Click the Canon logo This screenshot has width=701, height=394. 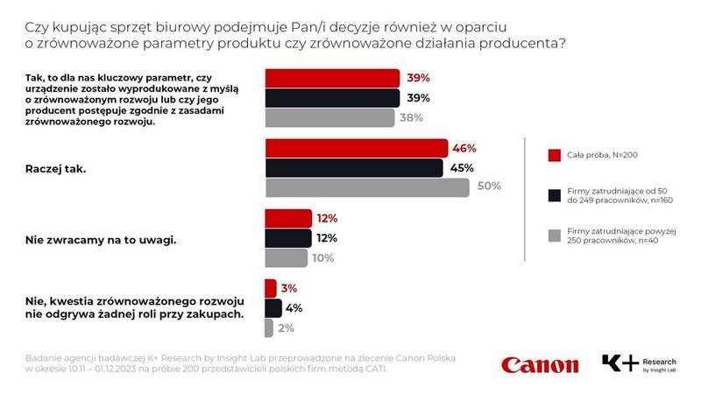click(x=540, y=364)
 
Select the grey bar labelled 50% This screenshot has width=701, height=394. click(x=367, y=186)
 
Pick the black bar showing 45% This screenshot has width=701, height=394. click(x=354, y=167)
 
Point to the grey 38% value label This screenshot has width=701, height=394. click(x=412, y=117)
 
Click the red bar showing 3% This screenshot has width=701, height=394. click(x=270, y=288)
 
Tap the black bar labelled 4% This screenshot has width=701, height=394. click(x=273, y=307)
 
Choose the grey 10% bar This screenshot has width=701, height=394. click(x=286, y=257)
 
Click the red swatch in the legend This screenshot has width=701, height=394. click(x=554, y=156)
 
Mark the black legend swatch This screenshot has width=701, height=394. click(x=554, y=194)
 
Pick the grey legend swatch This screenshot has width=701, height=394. click(x=554, y=234)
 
